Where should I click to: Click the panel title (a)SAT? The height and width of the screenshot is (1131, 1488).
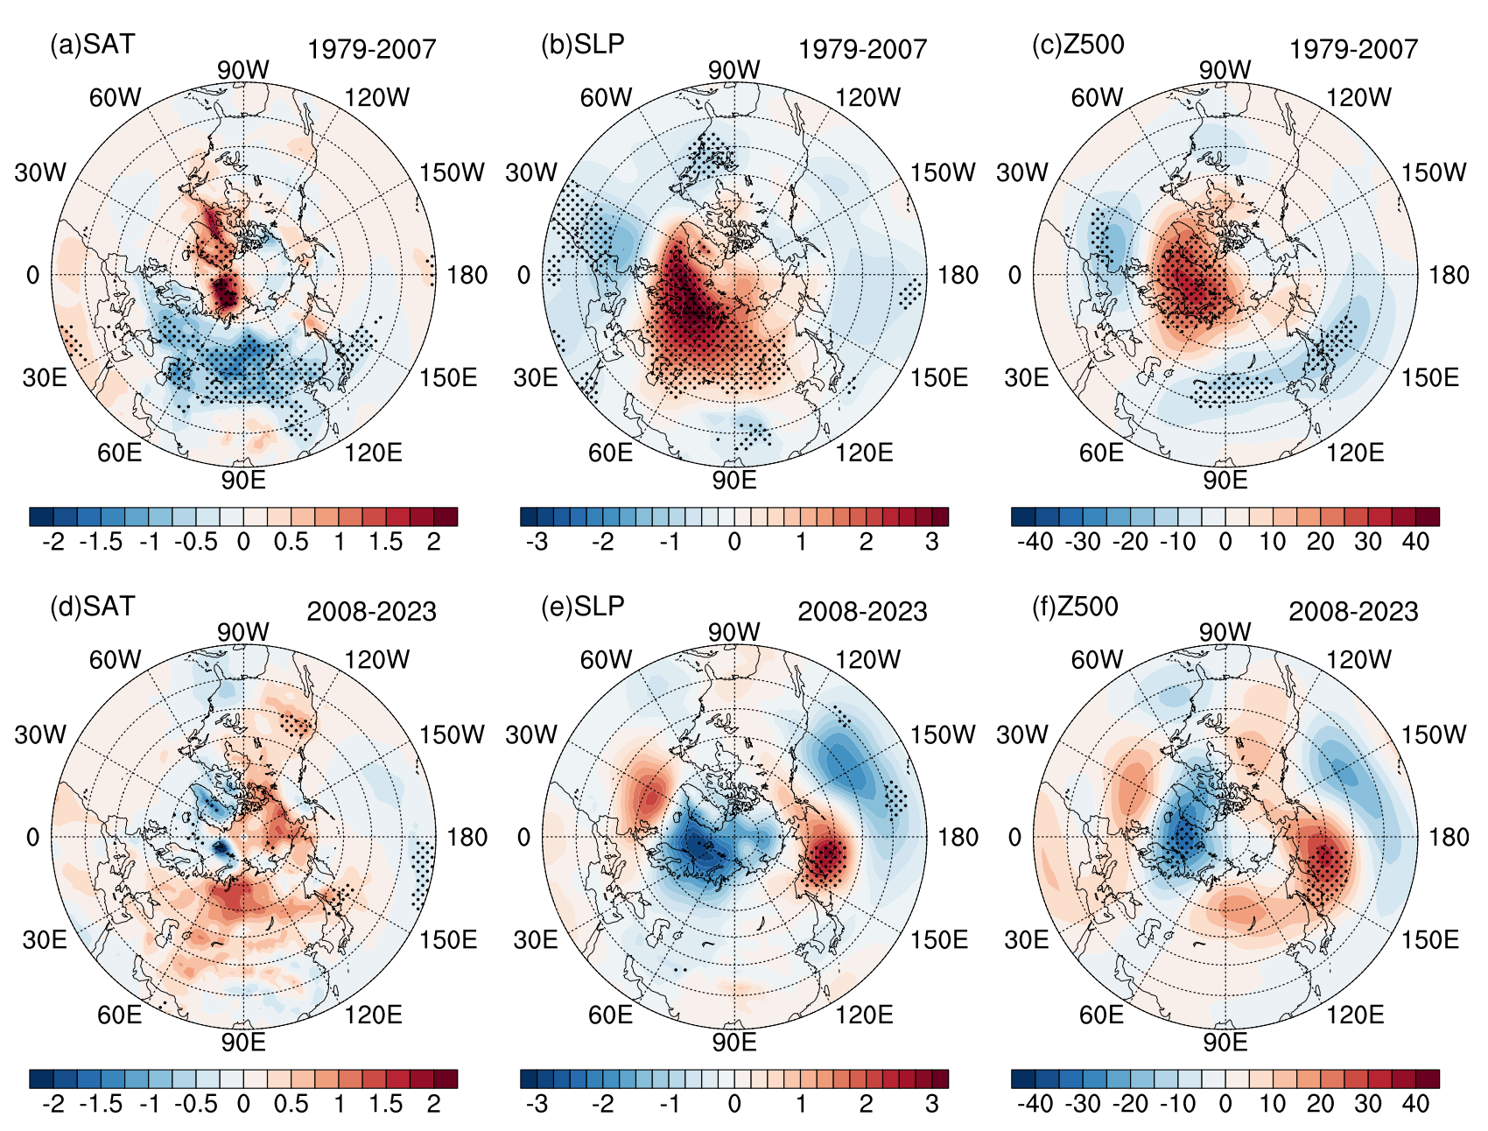coord(92,45)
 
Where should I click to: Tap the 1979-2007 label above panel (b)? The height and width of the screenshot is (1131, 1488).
coord(862,49)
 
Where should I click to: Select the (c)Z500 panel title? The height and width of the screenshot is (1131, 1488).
coord(1077,45)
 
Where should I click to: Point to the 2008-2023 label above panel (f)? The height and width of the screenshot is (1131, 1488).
coord(1353,611)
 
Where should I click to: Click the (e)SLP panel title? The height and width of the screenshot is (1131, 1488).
coord(583,607)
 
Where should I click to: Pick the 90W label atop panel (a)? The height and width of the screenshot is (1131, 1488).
coord(243,70)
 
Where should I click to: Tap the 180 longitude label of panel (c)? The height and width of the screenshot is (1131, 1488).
coord(1449,275)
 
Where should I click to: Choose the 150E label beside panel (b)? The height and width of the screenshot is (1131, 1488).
coord(939,377)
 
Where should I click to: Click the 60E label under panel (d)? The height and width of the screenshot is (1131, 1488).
coord(119,1015)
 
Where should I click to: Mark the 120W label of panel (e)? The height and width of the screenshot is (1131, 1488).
coord(867,659)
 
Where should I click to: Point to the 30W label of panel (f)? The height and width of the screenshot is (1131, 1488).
coord(1021,734)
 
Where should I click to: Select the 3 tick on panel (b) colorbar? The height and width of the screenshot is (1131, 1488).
coord(932,542)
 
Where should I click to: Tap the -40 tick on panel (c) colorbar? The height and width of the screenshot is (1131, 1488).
coord(1035,542)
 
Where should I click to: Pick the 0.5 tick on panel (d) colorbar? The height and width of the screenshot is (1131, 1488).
coord(291,1104)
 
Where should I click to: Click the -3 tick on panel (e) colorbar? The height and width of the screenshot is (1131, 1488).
coord(537,1104)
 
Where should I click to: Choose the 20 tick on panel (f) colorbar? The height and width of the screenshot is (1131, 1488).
coord(1320,1104)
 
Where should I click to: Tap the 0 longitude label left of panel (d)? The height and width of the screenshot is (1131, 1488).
coord(32,837)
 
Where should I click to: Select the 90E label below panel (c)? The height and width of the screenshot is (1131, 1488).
coord(1225,480)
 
